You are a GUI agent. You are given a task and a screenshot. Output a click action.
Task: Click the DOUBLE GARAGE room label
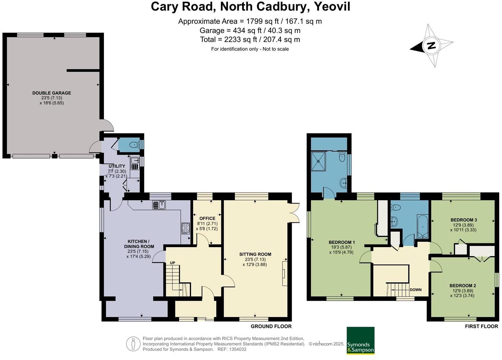tap(52, 93)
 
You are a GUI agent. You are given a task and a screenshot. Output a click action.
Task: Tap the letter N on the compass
tap(431, 45)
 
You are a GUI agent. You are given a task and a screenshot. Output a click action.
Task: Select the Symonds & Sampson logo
tap(360, 340)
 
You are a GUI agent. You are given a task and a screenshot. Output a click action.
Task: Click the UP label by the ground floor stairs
tap(172, 263)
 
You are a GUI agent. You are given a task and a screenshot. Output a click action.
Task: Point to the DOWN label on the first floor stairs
tap(416, 290)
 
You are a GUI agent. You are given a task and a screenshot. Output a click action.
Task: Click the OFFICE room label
tap(207, 218)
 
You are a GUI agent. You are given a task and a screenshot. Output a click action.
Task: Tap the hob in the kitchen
tap(186, 228)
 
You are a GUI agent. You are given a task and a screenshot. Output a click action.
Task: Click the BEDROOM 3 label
tap(464, 220)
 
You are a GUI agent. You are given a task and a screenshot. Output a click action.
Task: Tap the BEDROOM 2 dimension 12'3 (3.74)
tap(464, 295)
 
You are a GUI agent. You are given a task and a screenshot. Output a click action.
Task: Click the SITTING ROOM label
tap(255, 254)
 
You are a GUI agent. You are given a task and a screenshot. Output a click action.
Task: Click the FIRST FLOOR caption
tap(481, 326)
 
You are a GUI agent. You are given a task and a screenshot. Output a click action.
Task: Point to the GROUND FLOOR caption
tap(271, 326)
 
